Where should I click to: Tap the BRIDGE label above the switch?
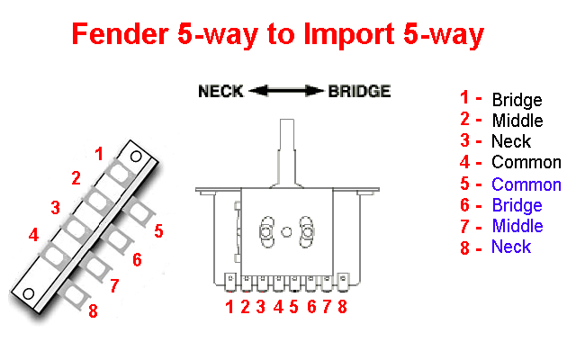coord(359,91)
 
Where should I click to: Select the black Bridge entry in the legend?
coord(517,99)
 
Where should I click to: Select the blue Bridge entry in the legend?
coord(517,205)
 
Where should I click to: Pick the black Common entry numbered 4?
coord(526,163)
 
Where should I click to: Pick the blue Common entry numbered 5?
coord(526,184)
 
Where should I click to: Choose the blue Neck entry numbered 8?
coord(511,247)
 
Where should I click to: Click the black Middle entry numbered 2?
coord(517,120)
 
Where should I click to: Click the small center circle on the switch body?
coord(287,230)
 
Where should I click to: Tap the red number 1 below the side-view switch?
coord(230,306)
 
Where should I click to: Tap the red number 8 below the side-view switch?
coord(342,306)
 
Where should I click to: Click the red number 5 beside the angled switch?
coord(158,231)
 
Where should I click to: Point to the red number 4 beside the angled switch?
coord(33,236)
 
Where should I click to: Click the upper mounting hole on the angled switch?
coord(135,157)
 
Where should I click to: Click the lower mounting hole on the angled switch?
coord(28,293)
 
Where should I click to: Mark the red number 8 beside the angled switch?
coord(92,311)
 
